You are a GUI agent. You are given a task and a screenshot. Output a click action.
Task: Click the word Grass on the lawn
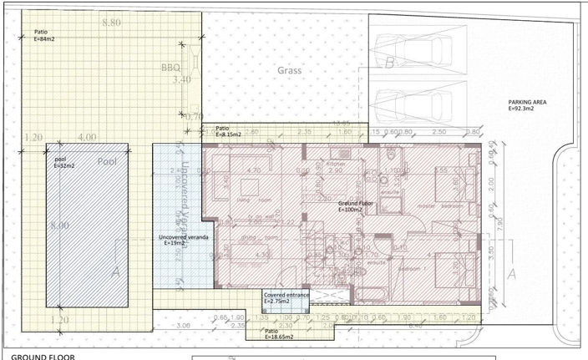289,71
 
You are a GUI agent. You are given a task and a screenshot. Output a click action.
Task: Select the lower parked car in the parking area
416,105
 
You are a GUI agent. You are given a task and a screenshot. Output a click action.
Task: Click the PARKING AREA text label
527,104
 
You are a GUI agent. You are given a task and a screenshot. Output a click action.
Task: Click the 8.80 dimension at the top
111,23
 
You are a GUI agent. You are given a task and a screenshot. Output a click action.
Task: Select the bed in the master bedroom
456,182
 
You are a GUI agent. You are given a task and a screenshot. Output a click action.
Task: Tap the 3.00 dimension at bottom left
185,327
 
